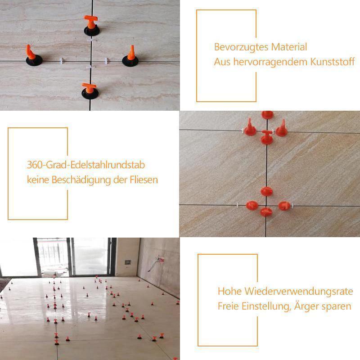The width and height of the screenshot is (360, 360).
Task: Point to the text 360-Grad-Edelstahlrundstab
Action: (86, 165)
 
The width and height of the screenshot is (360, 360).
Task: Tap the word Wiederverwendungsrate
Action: (297, 291)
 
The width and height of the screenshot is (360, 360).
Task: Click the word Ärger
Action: (307, 306)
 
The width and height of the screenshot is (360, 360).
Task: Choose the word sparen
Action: (339, 306)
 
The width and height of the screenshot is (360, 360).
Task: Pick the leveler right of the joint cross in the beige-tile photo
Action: (131, 56)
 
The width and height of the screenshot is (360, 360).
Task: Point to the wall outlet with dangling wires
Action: (158, 260)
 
